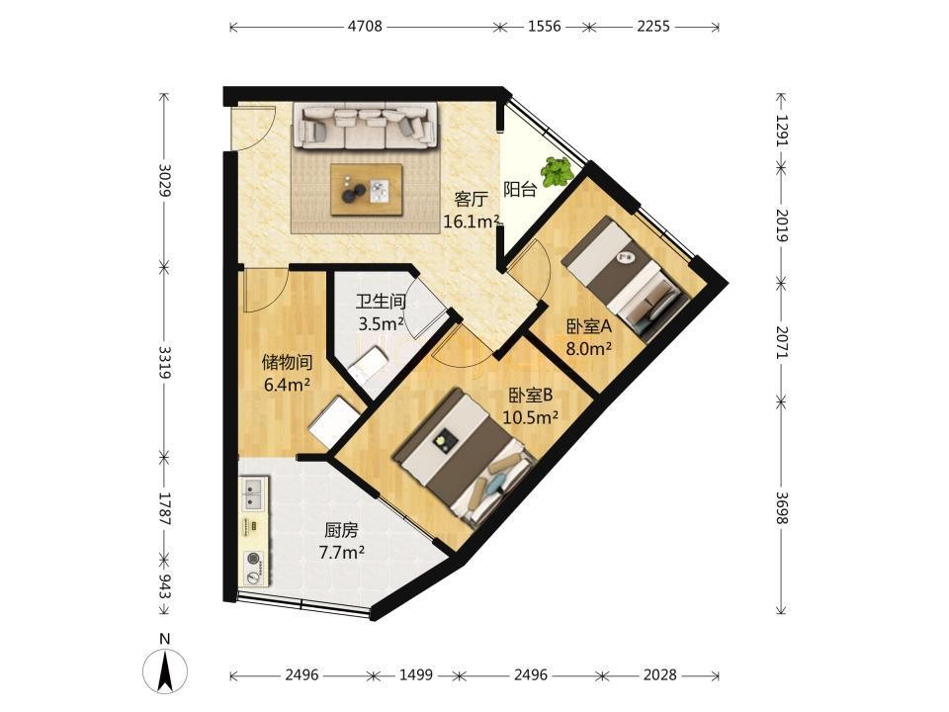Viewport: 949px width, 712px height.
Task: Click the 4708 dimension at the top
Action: point(365,26)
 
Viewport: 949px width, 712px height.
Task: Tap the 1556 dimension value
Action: point(544,26)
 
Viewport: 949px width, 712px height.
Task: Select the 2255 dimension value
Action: point(653,26)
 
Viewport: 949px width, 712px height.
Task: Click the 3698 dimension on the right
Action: point(782,507)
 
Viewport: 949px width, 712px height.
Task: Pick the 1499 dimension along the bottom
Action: point(416,674)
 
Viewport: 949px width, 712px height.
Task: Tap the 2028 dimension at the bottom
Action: point(659,674)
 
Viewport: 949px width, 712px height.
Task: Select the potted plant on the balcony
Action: point(557,172)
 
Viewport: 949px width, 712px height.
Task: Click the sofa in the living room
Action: point(365,126)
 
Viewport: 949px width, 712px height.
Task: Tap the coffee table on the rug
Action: point(367,189)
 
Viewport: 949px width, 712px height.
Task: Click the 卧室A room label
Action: point(589,327)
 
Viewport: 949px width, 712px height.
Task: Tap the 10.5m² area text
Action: point(530,417)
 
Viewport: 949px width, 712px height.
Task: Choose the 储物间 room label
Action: point(287,363)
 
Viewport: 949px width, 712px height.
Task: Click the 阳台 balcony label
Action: point(520,190)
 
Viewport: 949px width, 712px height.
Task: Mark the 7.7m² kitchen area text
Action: point(341,552)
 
